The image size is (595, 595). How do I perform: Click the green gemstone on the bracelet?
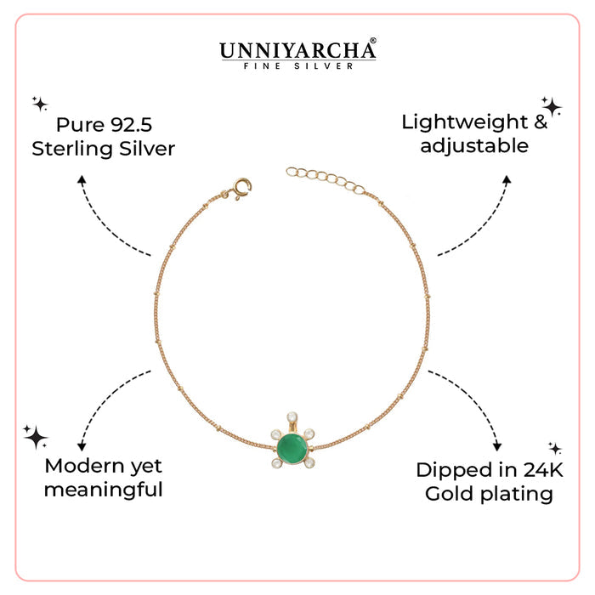coord(292,450)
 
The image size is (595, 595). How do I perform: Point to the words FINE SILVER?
coord(297,66)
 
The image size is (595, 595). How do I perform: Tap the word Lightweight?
coord(464,122)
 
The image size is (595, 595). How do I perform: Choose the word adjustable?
coord(474,145)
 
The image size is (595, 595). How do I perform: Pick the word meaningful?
coord(103,490)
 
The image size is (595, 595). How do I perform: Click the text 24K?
coord(543,470)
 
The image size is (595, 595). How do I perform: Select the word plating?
coord(517,495)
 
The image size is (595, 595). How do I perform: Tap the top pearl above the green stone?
coord(292,417)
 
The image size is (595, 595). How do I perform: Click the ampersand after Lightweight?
coord(541,122)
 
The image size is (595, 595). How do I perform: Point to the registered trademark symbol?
coord(372,40)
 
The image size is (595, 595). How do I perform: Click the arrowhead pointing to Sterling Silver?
coord(82,180)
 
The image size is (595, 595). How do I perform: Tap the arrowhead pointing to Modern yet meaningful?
coord(82,446)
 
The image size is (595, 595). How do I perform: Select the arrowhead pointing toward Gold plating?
coord(497,446)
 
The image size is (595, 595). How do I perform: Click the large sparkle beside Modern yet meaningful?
coord(36,437)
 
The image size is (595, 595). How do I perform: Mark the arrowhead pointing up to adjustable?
coord(507,180)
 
